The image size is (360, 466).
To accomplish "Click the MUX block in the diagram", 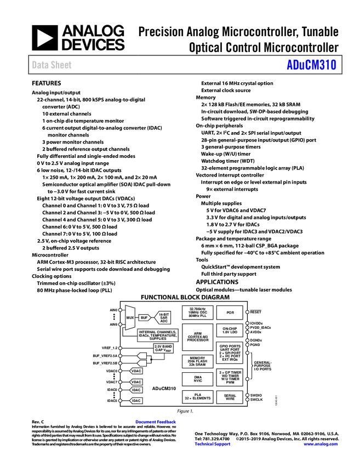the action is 130,317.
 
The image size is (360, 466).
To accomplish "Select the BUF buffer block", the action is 144,317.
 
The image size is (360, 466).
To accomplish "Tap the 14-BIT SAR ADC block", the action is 163,317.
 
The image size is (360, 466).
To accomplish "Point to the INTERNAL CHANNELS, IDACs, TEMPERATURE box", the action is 158,336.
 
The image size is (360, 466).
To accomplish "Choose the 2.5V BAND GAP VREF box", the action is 163,348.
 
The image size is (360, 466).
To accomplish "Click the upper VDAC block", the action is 136,371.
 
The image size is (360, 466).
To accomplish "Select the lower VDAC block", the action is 136,382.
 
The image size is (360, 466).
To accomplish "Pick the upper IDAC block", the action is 136,390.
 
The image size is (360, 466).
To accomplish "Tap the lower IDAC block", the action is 136,401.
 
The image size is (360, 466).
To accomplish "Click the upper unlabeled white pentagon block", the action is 142,355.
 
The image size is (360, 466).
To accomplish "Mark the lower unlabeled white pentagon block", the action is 142,363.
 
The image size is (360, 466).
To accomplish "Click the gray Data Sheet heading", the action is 52,65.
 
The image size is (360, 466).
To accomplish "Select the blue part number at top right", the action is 311,65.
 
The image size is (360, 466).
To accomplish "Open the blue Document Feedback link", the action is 156,422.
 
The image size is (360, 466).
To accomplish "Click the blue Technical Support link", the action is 213,444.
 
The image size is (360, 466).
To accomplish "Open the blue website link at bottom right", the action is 321,444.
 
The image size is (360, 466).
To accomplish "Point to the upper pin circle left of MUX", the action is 120,310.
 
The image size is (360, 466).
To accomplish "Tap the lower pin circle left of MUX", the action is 120,325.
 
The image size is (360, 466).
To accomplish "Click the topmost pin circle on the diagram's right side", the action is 247,311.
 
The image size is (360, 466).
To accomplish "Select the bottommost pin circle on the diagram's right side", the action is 247,400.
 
